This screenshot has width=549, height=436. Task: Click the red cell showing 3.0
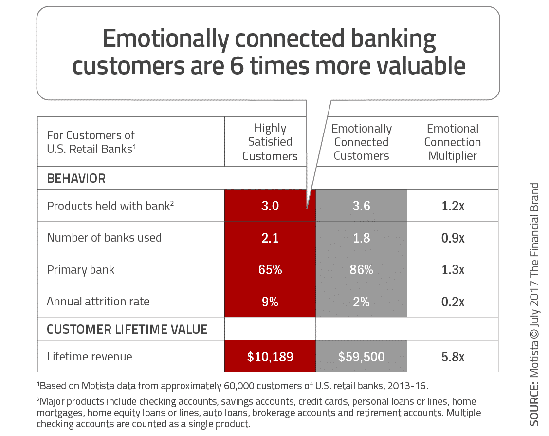[x=270, y=206]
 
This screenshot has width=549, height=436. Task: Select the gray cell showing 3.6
[x=361, y=206]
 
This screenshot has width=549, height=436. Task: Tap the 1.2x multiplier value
[x=453, y=206]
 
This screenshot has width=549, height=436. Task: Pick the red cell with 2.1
[x=270, y=238]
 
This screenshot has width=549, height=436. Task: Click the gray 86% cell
[x=361, y=269]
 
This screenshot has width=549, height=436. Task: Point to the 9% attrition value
[x=270, y=302]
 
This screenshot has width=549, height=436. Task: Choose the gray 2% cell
[x=361, y=302]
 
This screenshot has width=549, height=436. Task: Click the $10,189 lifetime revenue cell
[x=270, y=356]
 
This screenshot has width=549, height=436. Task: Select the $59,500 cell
[x=361, y=356]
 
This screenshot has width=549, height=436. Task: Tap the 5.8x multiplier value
[x=453, y=357]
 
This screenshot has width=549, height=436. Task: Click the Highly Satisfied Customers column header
[x=270, y=142]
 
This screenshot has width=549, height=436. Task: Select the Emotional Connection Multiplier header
[x=452, y=142]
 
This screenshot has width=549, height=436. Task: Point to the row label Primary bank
[x=80, y=270]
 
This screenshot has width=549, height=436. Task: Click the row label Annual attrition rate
[x=98, y=302]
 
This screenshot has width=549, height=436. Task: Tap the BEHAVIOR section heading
[x=76, y=178]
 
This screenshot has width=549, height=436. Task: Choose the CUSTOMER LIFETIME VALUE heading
[x=127, y=329]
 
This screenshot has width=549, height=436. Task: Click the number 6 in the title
[x=237, y=66]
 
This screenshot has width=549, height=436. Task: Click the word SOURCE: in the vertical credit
[x=534, y=404]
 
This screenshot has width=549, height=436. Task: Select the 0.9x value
[x=453, y=238]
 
